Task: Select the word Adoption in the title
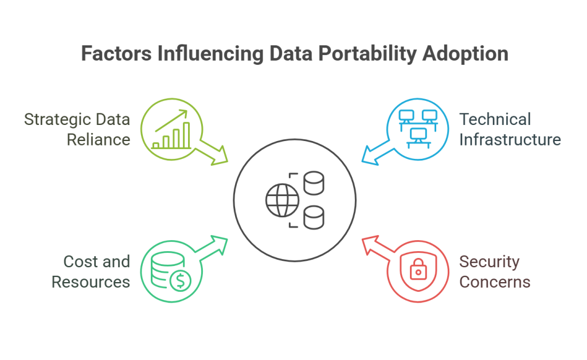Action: pyautogui.click(x=465, y=53)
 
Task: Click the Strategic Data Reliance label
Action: pyautogui.click(x=77, y=129)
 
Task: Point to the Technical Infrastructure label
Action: pyautogui.click(x=510, y=129)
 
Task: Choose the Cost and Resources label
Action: pyautogui.click(x=91, y=271)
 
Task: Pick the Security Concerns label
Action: pyautogui.click(x=495, y=271)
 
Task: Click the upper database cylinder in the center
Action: pyautogui.click(x=314, y=182)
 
